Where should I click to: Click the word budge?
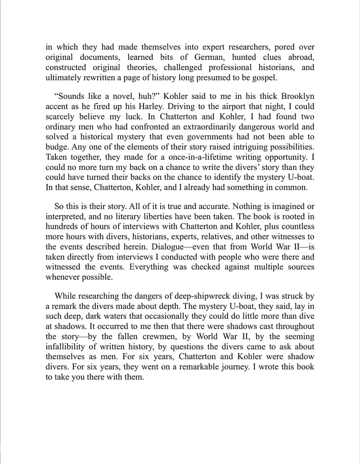click(56, 147)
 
